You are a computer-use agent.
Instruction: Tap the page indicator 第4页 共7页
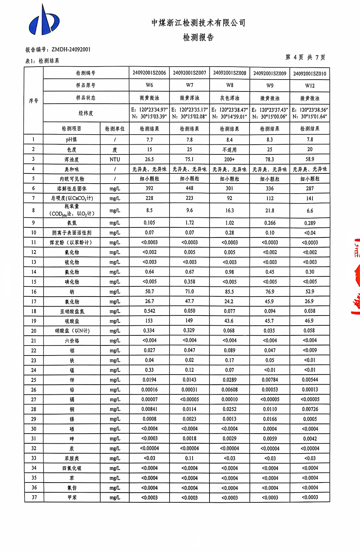coord(305,57)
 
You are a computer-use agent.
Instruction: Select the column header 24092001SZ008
coord(230,73)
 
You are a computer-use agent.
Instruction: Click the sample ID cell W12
coord(310,85)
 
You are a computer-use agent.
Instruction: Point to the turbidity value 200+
coord(230,159)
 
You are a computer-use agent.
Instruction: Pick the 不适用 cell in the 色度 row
coord(230,149)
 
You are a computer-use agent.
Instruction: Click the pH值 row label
coord(71,140)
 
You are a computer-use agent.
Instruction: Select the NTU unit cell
coord(115,159)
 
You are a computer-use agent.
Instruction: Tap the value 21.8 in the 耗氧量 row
coord(270,211)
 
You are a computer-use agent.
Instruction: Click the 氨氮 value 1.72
coord(189,223)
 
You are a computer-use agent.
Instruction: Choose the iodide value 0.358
coord(189,282)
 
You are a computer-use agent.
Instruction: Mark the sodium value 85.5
coord(230,291)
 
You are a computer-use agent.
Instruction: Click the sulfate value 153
coord(149,321)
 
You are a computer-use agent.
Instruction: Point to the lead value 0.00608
coord(230,389)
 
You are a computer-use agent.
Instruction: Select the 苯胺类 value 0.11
coord(189,458)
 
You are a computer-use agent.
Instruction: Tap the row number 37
coord(34,497)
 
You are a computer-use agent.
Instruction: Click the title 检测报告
coord(198,37)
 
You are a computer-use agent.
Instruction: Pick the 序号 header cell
coord(34,101)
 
